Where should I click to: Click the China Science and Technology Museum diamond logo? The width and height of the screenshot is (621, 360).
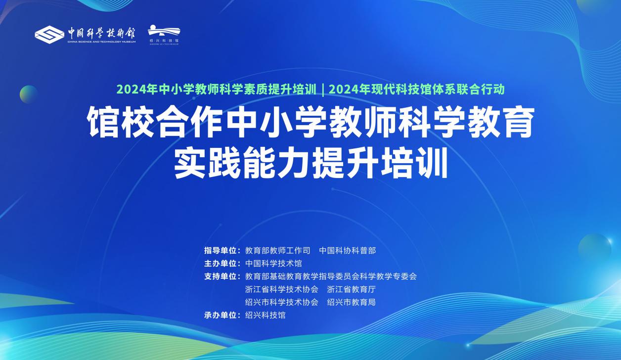pyautogui.click(x=49, y=35)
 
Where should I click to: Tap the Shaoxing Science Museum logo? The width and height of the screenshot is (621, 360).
pyautogui.click(x=164, y=35)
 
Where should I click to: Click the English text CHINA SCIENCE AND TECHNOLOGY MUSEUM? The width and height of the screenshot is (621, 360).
pyautogui.click(x=101, y=42)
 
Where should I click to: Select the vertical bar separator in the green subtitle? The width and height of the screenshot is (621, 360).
pyautogui.click(x=323, y=90)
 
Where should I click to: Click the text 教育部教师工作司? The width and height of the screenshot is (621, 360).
pyautogui.click(x=277, y=251)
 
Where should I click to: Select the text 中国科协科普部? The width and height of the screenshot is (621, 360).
pyautogui.click(x=348, y=251)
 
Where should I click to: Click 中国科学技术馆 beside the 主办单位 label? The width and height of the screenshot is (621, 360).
pyautogui.click(x=273, y=264)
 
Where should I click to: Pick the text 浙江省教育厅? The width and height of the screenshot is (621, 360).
pyautogui.click(x=351, y=289)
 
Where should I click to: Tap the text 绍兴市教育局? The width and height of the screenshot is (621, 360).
pyautogui.click(x=351, y=302)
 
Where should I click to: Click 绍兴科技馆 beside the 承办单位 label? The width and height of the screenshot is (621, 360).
pyautogui.click(x=266, y=315)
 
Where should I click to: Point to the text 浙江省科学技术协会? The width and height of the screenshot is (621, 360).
pyautogui.click(x=282, y=289)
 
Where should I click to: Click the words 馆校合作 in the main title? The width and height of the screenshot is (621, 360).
pyautogui.click(x=155, y=122)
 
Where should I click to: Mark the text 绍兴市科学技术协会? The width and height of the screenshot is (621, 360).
pyautogui.click(x=282, y=302)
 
